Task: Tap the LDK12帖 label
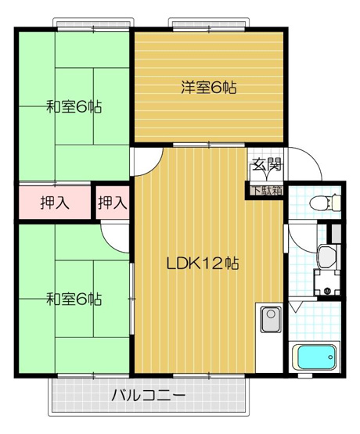tap(202, 264)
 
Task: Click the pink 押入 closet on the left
tap(54, 203)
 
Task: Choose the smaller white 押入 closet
tap(112, 203)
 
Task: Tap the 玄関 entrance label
tap(265, 165)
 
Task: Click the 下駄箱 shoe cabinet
tap(265, 188)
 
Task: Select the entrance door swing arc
tap(307, 167)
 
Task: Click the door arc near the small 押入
tap(114, 233)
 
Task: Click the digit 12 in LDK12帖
tap(211, 264)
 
